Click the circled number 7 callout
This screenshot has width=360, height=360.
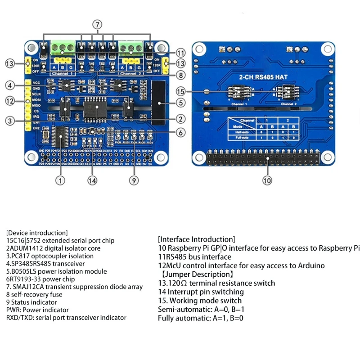98,24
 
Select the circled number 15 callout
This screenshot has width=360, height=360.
180,92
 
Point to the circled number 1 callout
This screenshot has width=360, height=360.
60,180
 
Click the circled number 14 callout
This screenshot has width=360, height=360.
92,180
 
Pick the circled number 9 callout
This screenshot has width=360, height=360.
133,180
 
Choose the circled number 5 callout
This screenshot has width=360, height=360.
180,103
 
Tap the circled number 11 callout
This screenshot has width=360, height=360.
180,52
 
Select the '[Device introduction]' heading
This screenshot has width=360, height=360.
37,233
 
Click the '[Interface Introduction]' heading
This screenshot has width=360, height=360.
196,239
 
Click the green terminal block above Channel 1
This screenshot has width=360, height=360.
63,46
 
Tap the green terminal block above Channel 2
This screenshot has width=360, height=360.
130,46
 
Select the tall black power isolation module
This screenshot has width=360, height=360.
159,99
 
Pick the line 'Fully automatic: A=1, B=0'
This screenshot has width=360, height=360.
200,318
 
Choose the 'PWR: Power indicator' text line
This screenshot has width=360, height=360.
37,310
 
